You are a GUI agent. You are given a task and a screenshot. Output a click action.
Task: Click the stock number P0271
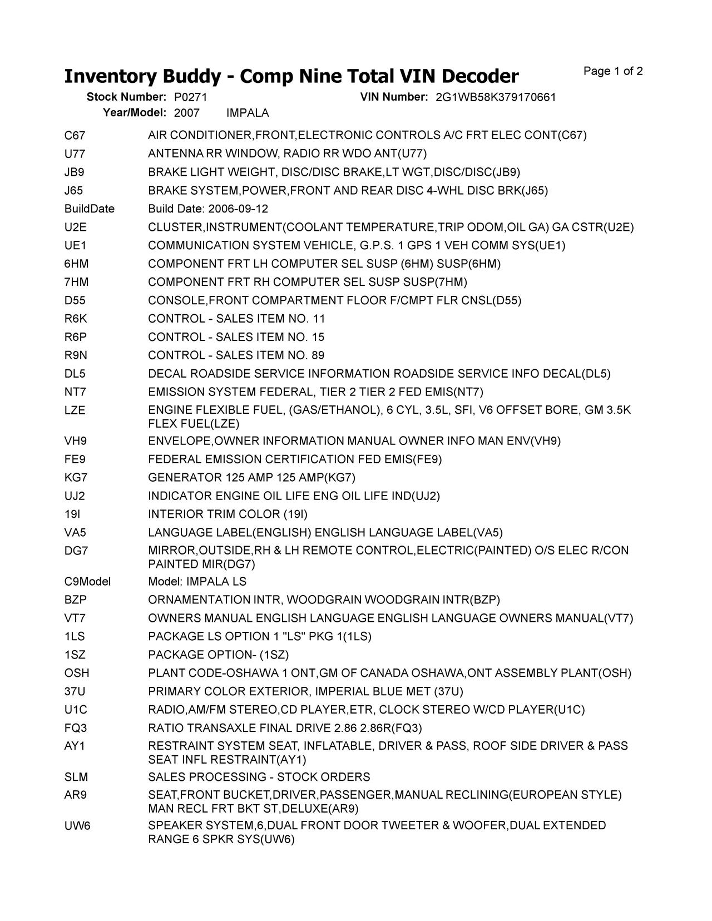pos(191,97)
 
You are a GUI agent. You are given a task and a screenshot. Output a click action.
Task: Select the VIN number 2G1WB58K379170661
pos(496,97)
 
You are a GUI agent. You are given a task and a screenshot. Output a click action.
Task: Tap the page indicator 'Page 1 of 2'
pos(613,71)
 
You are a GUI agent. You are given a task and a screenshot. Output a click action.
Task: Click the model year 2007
pos(186,113)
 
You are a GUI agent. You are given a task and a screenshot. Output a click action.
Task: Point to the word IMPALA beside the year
pos(248,113)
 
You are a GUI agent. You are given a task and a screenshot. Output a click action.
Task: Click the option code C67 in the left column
pos(75,135)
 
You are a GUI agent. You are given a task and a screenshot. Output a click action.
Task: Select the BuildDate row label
pos(89,209)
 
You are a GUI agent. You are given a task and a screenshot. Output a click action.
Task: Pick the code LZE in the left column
pos(75,410)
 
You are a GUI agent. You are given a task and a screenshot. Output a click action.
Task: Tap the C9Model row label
pos(87,582)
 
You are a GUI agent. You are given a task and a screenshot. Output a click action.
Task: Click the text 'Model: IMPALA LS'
pos(197,582)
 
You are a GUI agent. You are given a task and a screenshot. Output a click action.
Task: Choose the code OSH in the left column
pos(76,673)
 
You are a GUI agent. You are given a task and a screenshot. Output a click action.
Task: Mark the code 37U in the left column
pos(75,691)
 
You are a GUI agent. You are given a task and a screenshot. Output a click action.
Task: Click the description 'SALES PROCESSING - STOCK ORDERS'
pos(259,777)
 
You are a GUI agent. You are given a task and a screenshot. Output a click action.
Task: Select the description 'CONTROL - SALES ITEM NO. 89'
pos(236,355)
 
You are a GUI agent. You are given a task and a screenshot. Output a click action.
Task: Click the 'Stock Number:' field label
pos(126,97)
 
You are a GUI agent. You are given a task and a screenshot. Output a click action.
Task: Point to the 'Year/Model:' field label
pos(135,113)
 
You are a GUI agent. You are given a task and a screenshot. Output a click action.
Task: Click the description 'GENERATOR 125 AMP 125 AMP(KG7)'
pos(251,478)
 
